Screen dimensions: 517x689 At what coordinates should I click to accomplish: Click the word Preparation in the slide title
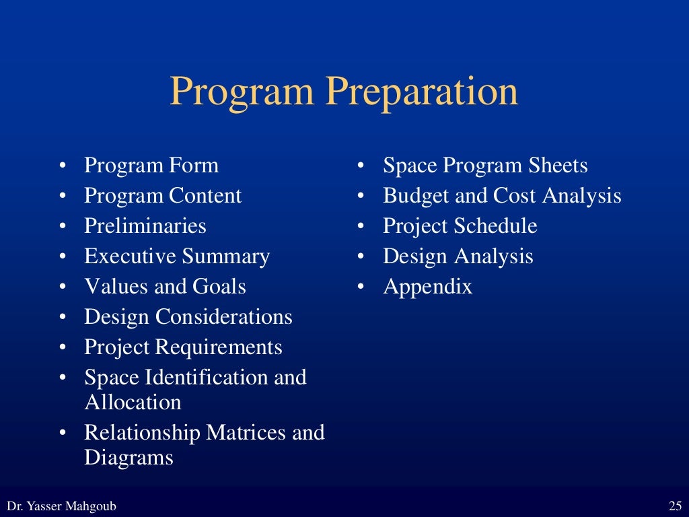[x=423, y=93]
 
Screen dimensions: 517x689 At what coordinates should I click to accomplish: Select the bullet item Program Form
[x=151, y=166]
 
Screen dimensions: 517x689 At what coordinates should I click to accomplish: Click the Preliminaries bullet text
[x=145, y=226]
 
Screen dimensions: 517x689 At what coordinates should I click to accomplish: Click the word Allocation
[x=133, y=403]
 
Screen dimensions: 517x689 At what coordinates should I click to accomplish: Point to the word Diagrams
[x=129, y=458]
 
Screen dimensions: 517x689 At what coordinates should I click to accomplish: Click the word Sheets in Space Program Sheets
[x=558, y=166]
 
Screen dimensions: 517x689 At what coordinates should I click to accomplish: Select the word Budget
[x=415, y=196]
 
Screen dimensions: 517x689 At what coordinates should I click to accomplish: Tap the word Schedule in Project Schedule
[x=498, y=226]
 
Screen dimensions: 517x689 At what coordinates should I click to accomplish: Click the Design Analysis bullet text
[x=458, y=256]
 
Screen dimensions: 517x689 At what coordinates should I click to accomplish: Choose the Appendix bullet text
[x=427, y=287]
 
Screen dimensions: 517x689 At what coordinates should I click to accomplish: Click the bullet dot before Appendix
[x=361, y=287]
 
